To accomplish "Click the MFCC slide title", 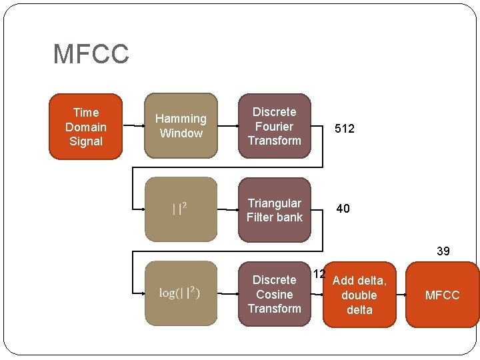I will [91, 54].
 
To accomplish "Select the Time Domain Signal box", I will [86, 127].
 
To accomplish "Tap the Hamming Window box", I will [181, 125].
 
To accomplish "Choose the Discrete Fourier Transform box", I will [275, 125].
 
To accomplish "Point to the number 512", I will [345, 129].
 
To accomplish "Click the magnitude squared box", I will [181, 209].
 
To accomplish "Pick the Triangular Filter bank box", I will [275, 209].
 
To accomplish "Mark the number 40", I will [343, 209].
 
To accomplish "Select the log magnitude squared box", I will [181, 293].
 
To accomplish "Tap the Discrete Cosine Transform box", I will [275, 294].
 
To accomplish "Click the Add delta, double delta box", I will [359, 295].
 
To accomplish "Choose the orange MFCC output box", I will [442, 295].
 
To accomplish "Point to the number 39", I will [443, 251].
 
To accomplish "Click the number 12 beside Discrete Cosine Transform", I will [319, 274].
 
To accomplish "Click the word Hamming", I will [181, 119].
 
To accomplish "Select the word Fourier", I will [275, 126].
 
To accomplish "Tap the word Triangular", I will [275, 203].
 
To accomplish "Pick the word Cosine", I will [275, 294].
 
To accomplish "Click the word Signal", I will [86, 141].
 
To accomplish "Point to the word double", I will [359, 295].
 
